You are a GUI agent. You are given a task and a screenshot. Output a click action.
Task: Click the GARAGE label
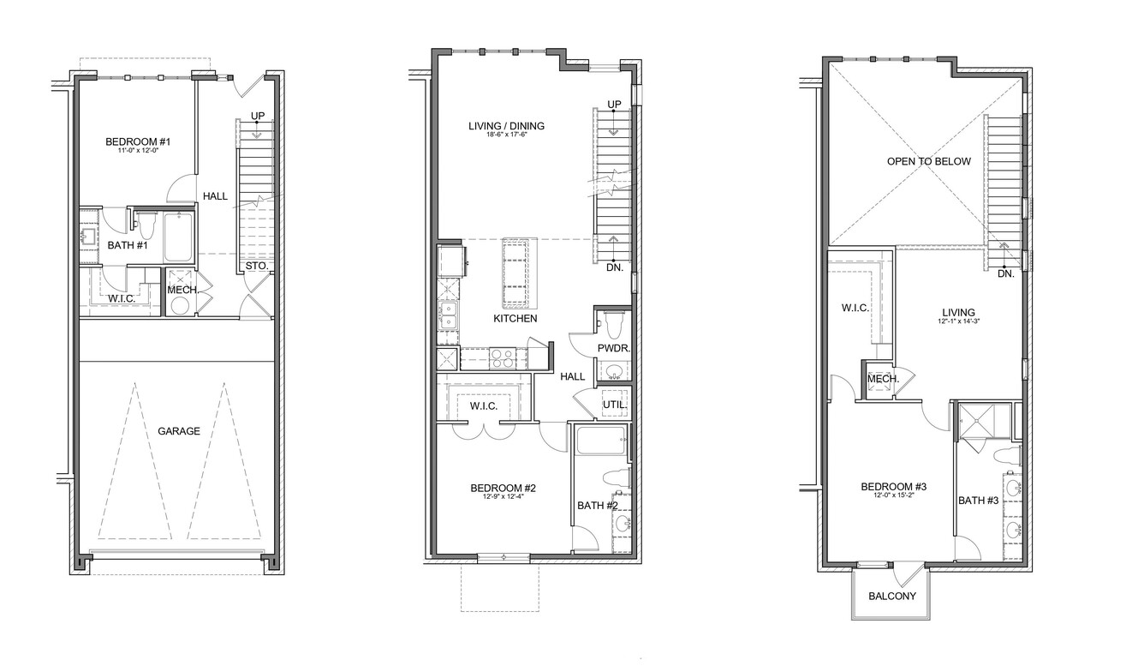[179, 431]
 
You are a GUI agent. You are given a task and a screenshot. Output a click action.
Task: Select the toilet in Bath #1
[146, 225]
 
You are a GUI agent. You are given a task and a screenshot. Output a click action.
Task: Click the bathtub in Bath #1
[178, 237]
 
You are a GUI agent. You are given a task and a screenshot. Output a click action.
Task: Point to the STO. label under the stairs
[257, 266]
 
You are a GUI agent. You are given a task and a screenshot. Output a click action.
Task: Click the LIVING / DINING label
[507, 126]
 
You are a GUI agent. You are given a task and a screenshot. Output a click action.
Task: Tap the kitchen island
[520, 273]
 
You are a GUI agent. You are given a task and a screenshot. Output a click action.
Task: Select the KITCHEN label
[515, 319]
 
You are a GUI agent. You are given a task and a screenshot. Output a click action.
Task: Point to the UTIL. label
[615, 405]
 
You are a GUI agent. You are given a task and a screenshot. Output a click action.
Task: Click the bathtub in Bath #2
[601, 441]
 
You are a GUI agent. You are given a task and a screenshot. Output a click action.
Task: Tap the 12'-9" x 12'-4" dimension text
[503, 496]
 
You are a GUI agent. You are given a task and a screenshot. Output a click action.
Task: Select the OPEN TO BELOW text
[929, 162]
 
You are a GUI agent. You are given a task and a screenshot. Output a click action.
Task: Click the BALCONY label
[892, 596]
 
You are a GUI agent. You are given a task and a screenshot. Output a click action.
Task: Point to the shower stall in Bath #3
[985, 421]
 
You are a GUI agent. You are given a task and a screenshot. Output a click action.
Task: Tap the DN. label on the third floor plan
[1006, 274]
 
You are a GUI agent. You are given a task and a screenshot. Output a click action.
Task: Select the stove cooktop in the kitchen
[502, 358]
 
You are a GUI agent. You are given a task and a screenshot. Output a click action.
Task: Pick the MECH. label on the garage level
[183, 290]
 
